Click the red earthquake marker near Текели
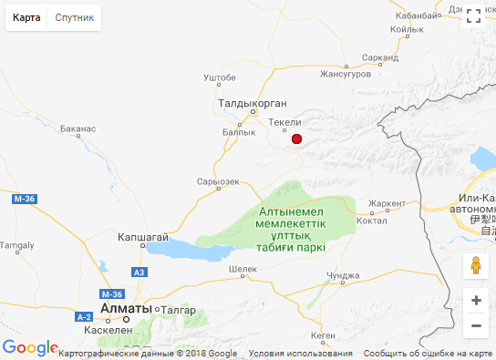(x=296, y=139)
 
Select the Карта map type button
(x=26, y=18)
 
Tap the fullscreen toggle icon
(x=473, y=15)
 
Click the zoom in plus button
(x=476, y=300)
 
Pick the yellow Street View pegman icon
(x=475, y=266)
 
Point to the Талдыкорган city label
(x=253, y=104)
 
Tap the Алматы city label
(x=127, y=309)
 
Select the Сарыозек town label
(x=218, y=181)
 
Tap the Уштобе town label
(x=220, y=77)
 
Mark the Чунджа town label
(x=343, y=274)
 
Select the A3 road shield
(x=139, y=273)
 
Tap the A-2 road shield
(x=84, y=316)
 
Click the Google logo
(x=29, y=348)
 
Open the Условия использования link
(x=300, y=354)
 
